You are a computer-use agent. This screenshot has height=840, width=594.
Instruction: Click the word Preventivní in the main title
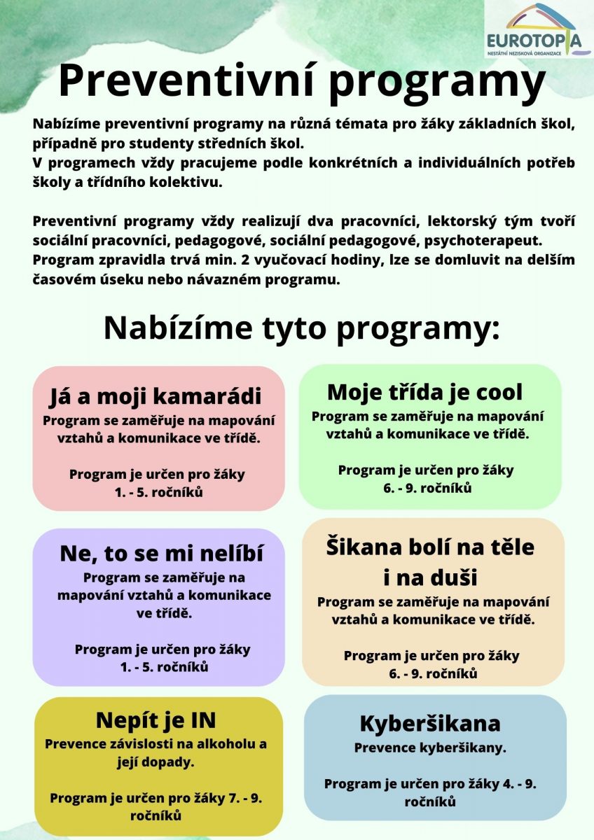point(186,81)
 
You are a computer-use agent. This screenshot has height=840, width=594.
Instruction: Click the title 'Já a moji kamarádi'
point(155,397)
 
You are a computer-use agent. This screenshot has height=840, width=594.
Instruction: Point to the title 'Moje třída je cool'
point(424,391)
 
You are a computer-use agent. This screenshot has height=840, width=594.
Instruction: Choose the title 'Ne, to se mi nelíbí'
point(161,554)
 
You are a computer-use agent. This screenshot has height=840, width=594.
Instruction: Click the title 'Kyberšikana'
point(429,723)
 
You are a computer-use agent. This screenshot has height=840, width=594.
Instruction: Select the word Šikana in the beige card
point(364,547)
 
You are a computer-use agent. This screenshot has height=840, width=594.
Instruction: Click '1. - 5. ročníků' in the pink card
point(159,492)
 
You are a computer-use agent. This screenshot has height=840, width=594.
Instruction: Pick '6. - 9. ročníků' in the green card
point(427,487)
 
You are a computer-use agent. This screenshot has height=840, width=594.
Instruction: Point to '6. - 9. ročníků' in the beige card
point(433,673)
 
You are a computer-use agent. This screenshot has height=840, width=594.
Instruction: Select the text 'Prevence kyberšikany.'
point(430,748)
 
